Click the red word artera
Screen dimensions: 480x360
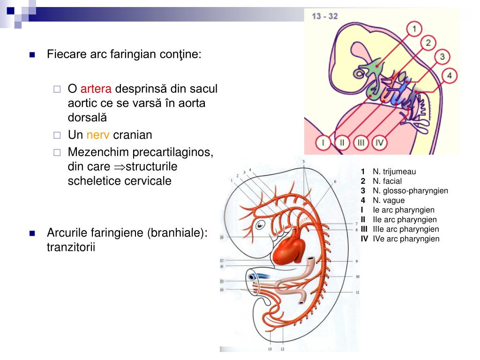click(96, 89)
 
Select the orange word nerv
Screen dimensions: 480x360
click(98, 135)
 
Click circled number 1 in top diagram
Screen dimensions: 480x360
click(414, 30)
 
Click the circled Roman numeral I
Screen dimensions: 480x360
click(323, 142)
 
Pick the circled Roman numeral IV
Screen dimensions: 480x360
click(380, 142)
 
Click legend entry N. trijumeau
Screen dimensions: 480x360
click(394, 172)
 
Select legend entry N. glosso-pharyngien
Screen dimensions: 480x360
click(410, 191)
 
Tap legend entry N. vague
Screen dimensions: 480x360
click(389, 201)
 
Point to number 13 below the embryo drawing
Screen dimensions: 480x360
click(270, 349)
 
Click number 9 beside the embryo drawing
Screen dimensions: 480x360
click(357, 261)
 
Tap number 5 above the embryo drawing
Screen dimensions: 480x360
click(304, 162)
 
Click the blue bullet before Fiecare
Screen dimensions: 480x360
click(32, 54)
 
